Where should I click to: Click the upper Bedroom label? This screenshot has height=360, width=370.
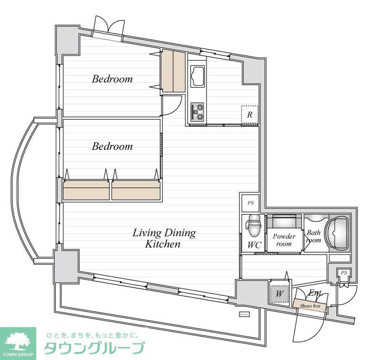click(112, 79)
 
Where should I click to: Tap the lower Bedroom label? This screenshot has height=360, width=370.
click(112, 146)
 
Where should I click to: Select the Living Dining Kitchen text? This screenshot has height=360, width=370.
click(164, 238)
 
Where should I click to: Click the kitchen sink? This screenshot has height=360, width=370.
click(198, 76)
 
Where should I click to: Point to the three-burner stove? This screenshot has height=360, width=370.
click(197, 111)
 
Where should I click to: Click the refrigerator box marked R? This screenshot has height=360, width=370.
click(249, 115)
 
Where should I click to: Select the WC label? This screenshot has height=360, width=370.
click(254, 245)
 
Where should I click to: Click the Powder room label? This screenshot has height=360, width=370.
click(284, 240)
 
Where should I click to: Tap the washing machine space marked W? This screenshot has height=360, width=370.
click(279, 293)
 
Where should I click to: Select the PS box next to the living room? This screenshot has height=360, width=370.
click(250, 203)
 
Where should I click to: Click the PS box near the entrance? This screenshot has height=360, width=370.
click(343, 273)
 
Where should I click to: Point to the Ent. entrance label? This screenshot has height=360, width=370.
click(315, 292)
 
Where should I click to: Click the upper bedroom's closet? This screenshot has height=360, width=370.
click(173, 71)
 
